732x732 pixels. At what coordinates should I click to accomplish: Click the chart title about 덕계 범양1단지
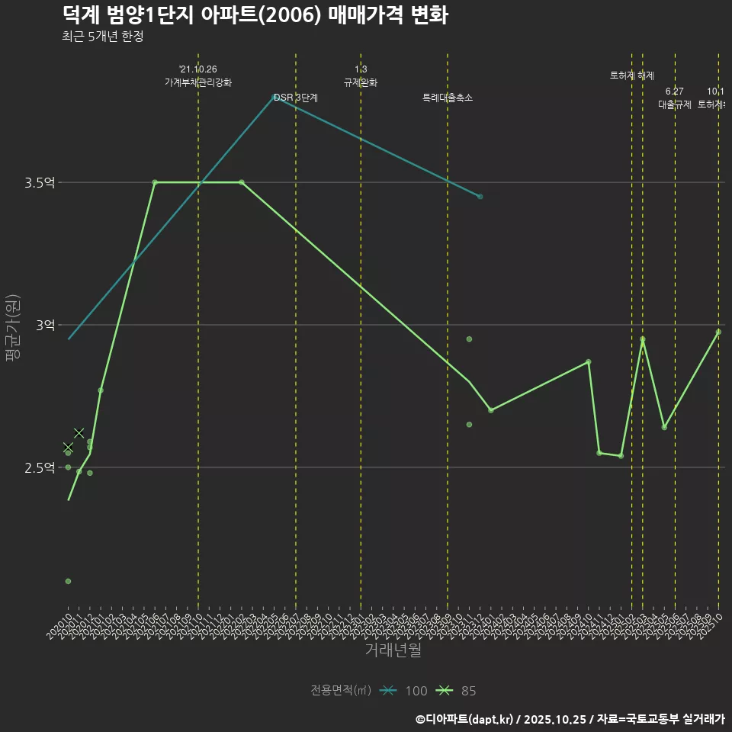(255, 15)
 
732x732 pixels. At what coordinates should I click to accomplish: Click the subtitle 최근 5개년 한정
(103, 37)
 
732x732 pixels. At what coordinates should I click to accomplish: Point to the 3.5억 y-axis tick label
(40, 183)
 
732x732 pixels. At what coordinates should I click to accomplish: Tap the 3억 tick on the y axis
(45, 326)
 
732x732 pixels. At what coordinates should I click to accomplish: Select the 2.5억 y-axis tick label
(40, 467)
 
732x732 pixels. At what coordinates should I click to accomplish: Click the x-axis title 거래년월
(393, 650)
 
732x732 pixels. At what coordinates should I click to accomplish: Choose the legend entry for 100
(404, 691)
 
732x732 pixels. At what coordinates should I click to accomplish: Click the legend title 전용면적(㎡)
(341, 691)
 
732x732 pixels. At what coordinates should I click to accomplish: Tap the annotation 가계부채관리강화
(198, 82)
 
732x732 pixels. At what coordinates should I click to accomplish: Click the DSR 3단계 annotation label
(296, 98)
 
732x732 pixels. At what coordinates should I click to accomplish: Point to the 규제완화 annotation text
(361, 82)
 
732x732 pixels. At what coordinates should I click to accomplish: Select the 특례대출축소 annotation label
(448, 98)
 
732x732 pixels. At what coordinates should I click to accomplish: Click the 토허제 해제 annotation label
(632, 75)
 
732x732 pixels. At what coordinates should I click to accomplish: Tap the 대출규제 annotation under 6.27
(675, 104)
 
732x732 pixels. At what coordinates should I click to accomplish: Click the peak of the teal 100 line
(274, 97)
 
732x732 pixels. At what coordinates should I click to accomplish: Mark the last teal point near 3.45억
(480, 197)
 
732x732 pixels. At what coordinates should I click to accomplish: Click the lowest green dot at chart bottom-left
(68, 581)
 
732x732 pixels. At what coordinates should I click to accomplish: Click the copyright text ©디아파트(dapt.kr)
(465, 719)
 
